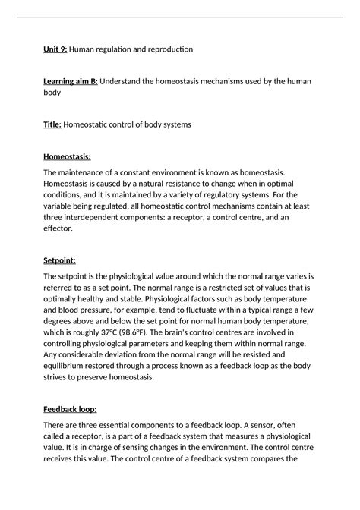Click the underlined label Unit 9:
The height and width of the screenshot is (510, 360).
click(x=55, y=49)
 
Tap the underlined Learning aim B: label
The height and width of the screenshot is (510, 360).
click(x=71, y=81)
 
